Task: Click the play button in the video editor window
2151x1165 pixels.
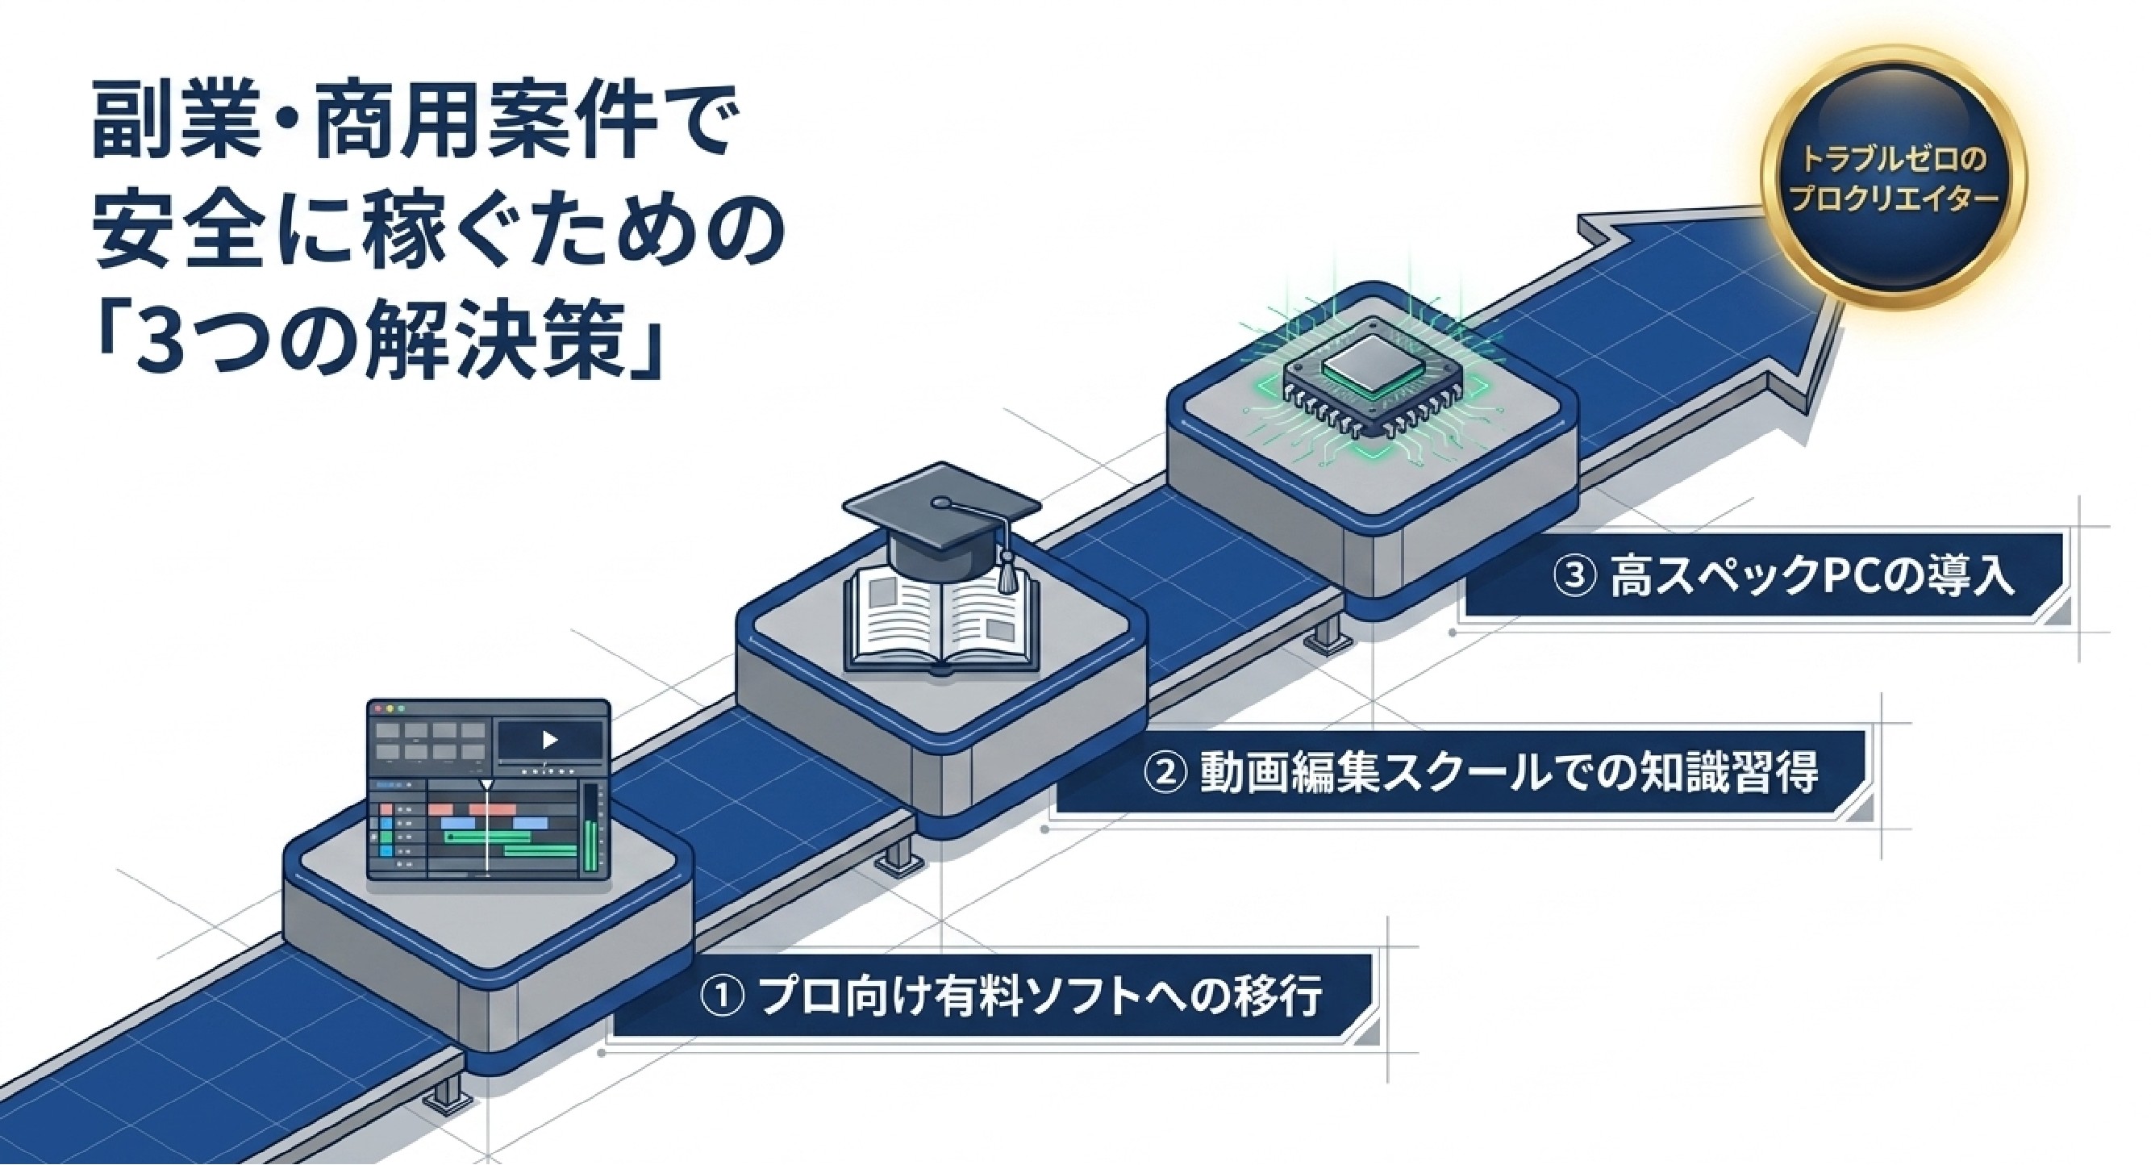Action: tap(549, 740)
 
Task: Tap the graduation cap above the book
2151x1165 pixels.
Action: tap(941, 520)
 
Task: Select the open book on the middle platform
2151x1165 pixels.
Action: tap(941, 622)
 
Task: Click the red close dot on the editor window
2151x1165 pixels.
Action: tap(377, 709)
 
